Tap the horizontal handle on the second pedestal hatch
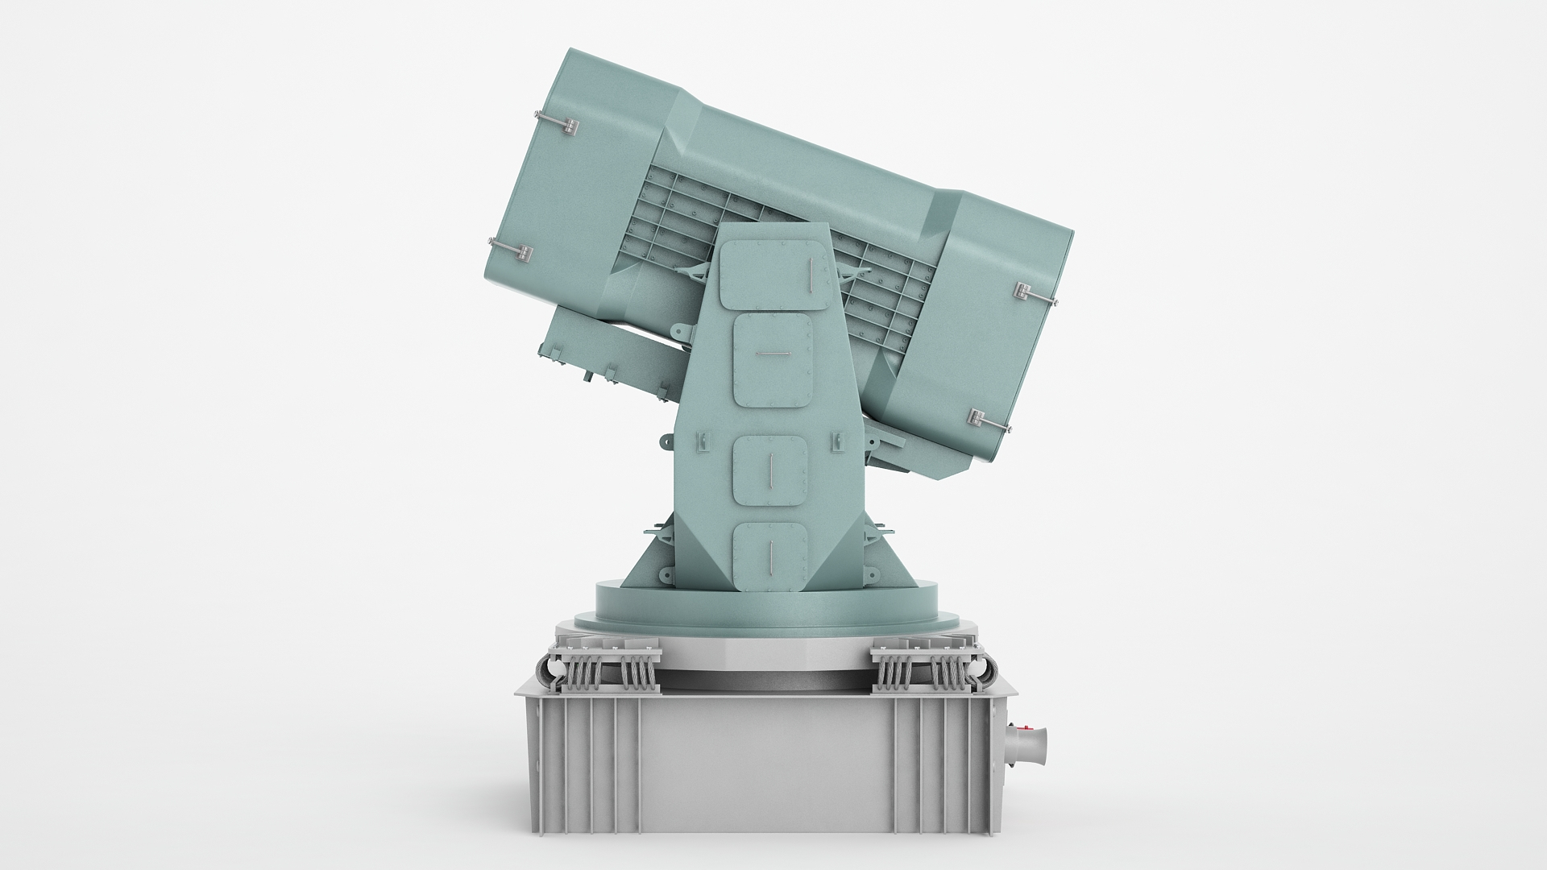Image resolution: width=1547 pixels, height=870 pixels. click(772, 353)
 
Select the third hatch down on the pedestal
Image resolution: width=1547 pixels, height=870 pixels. click(769, 470)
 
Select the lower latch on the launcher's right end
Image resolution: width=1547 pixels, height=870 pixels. click(987, 421)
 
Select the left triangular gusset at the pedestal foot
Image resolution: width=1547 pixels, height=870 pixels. click(652, 561)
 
